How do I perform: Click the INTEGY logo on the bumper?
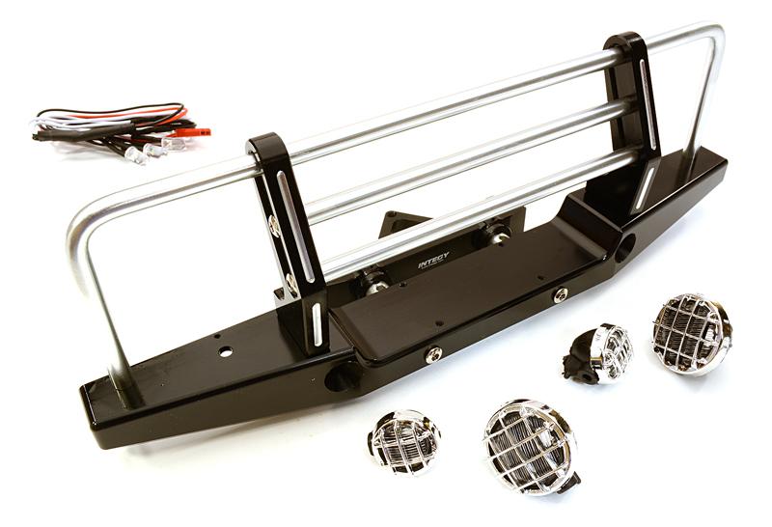[433, 260]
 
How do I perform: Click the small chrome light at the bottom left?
[403, 441]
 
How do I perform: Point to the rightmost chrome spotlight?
[691, 333]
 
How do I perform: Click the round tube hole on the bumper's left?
[339, 376]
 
